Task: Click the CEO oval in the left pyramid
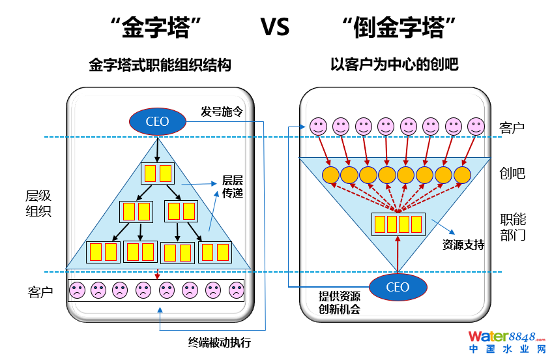point(157,121)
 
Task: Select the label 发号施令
point(222,112)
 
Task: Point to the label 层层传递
point(233,187)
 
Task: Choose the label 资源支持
point(463,245)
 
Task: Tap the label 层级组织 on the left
point(38,203)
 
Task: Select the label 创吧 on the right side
point(512,174)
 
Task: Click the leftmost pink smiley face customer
point(317,125)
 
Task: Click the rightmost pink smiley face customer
point(476,125)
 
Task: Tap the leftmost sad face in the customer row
point(78,290)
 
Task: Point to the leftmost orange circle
point(330,175)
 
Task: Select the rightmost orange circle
point(462,175)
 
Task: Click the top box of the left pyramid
point(158,173)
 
